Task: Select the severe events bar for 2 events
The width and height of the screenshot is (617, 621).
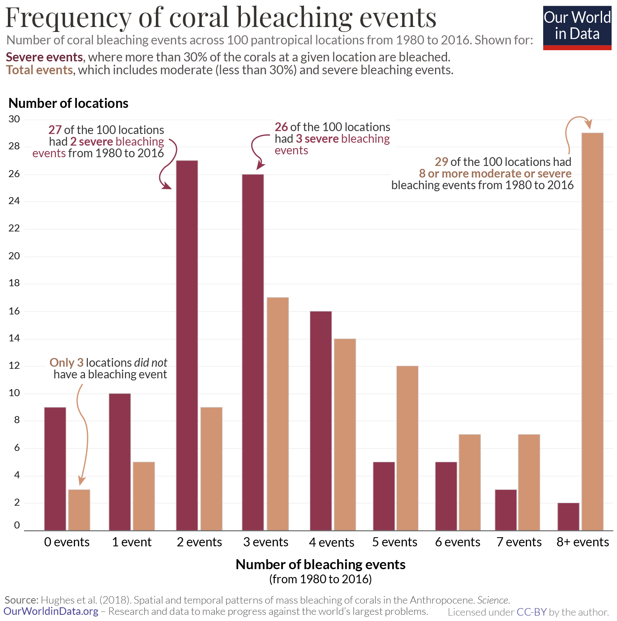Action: (x=187, y=345)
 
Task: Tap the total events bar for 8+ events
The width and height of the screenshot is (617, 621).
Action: (x=593, y=331)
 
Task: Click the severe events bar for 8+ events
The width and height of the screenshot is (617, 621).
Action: (x=568, y=516)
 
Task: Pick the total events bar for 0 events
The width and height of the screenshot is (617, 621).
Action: (x=79, y=510)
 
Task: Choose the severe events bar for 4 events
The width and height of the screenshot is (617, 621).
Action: (x=321, y=421)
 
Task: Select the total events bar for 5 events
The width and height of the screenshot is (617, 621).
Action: (x=407, y=448)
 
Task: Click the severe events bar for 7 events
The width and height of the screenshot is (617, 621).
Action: (x=506, y=510)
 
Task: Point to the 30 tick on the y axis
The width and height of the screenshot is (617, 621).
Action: (x=14, y=119)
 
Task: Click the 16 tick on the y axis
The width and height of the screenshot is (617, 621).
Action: (x=14, y=311)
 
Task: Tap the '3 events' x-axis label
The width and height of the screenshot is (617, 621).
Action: (x=266, y=542)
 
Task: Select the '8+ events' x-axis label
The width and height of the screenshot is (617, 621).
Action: (x=583, y=542)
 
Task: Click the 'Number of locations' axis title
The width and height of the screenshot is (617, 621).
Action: (x=68, y=103)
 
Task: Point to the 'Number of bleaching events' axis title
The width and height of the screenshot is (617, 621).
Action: (x=321, y=564)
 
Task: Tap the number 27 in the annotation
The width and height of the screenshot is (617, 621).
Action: (x=55, y=130)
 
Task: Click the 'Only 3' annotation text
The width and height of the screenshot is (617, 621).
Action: (x=66, y=363)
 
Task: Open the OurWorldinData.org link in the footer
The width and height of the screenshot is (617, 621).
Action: (x=51, y=611)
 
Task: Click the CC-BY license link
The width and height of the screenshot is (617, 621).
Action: (x=532, y=612)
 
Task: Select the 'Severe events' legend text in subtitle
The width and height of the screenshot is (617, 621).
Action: (x=44, y=57)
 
